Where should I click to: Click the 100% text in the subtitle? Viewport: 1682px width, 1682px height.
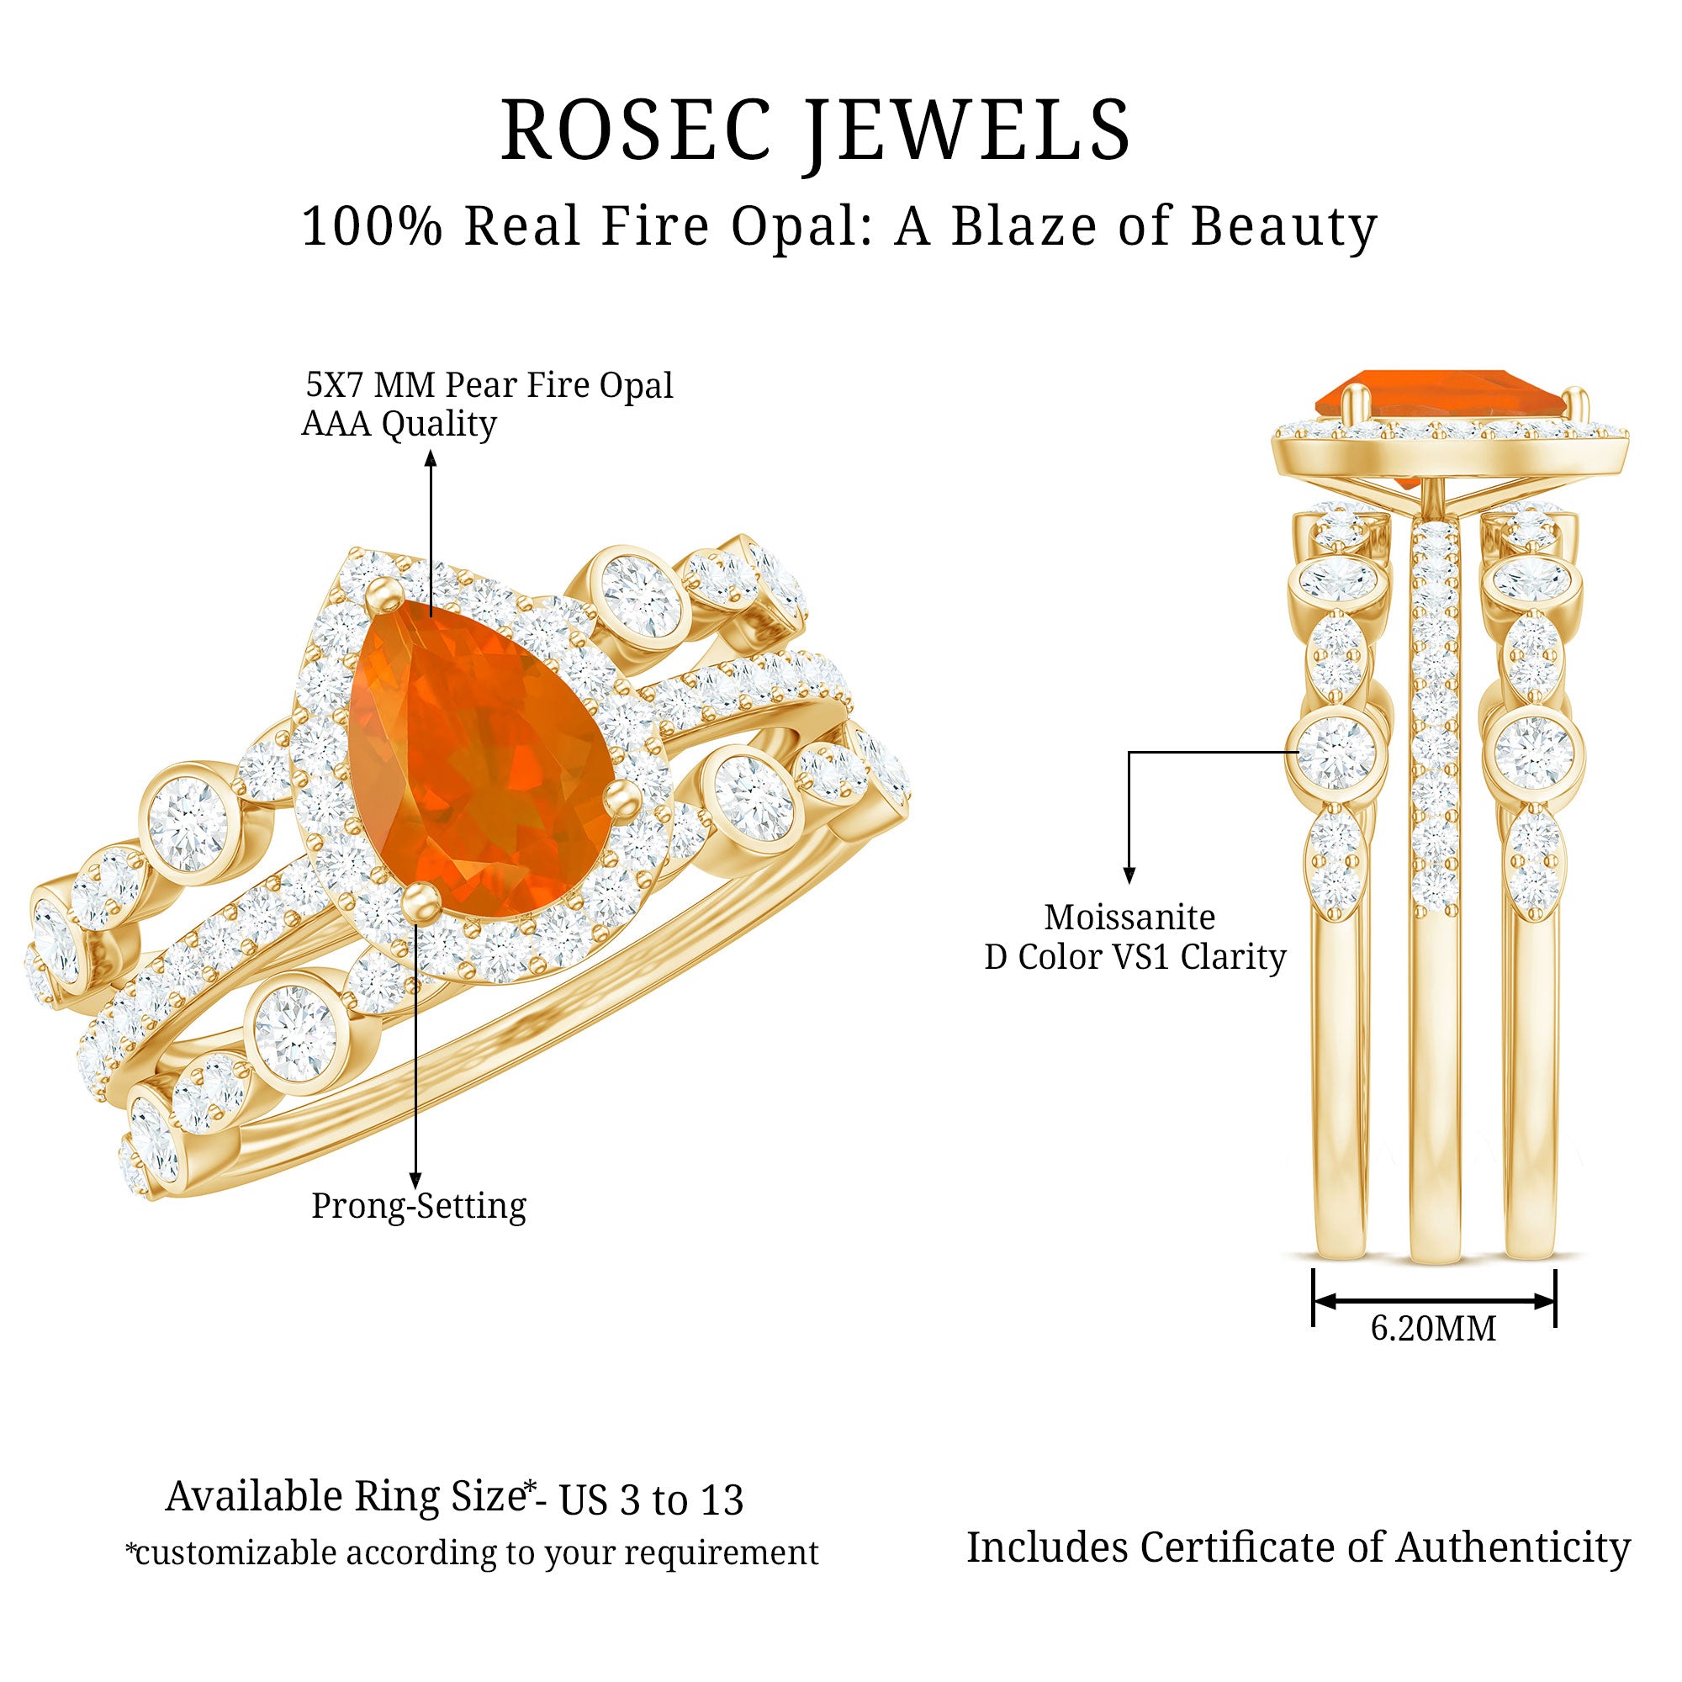click(x=373, y=225)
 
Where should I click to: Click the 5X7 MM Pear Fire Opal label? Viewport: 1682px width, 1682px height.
click(x=489, y=386)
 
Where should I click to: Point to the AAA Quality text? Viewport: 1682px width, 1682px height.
click(x=399, y=424)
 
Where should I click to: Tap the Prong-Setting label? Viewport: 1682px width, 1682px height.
click(x=419, y=1206)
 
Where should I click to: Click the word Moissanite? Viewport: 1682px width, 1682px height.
click(x=1129, y=917)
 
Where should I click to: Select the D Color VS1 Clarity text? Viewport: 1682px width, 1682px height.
click(x=1135, y=957)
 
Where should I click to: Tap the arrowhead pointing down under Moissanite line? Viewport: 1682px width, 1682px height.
click(x=1129, y=875)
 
